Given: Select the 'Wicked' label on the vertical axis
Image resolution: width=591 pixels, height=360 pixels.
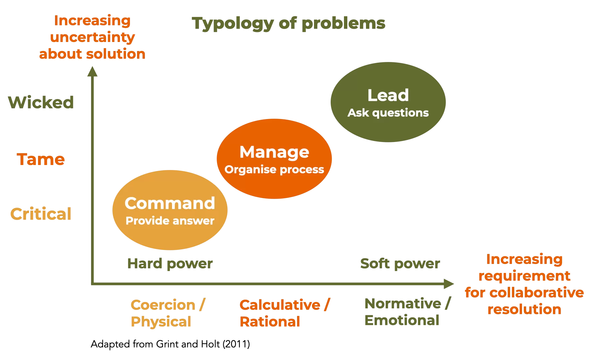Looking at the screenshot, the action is [x=41, y=102].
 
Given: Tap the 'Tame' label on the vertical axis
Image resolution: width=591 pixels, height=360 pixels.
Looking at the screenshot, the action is [x=41, y=159].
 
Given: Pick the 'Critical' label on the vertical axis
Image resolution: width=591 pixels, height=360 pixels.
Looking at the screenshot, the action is [x=41, y=214].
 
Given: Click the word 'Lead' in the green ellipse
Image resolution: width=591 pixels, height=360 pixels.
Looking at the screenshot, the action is [x=388, y=95].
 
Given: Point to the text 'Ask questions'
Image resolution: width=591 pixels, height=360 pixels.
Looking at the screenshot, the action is [x=388, y=113].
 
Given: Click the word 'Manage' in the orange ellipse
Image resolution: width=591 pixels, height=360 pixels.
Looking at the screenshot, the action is [x=274, y=152].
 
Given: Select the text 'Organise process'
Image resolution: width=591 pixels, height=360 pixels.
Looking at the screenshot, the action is [x=274, y=170].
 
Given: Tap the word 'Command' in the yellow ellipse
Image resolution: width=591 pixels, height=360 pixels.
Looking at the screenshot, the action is [x=170, y=203].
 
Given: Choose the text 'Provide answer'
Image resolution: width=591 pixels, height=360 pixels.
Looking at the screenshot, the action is [x=170, y=221].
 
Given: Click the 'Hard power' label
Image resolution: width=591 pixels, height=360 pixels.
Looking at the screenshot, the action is [x=170, y=264].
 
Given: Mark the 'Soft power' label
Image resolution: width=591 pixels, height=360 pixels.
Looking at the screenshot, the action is [x=400, y=264].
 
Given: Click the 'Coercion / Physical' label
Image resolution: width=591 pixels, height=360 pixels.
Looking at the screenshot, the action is [x=168, y=313].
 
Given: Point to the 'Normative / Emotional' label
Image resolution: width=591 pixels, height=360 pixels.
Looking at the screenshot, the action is [x=408, y=312].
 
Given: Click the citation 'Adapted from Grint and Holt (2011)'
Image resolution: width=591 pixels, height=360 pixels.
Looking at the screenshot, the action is [x=170, y=344].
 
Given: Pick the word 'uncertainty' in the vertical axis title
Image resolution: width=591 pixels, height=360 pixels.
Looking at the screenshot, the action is [x=92, y=37].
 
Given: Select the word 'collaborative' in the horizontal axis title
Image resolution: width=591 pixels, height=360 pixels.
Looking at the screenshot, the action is [x=537, y=293].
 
